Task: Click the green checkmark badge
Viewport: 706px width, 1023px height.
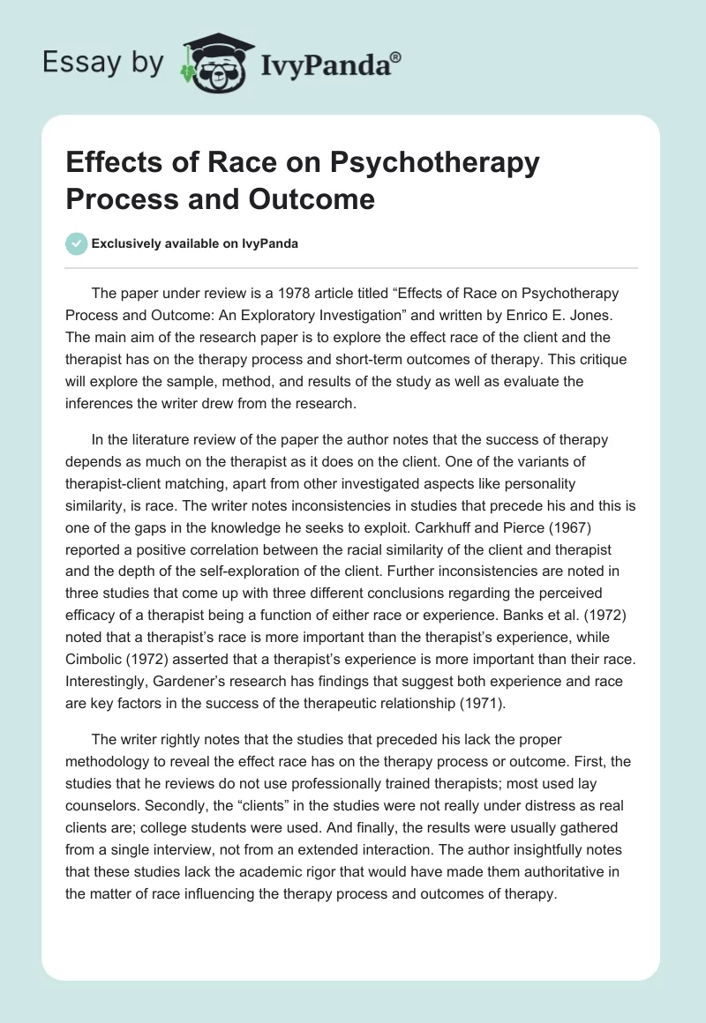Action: click(x=77, y=243)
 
